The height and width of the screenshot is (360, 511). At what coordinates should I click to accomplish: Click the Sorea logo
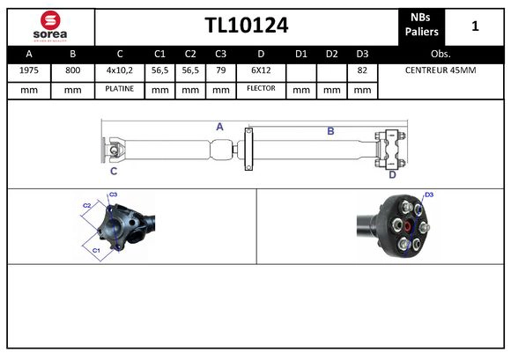coord(49,25)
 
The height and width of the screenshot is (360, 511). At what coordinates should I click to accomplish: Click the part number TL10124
coord(246,26)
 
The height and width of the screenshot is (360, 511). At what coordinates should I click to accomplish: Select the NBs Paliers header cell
coord(422,26)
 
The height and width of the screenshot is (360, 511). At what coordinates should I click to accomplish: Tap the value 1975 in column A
coord(28,70)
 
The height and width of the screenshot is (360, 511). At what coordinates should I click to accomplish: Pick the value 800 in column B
coord(72,70)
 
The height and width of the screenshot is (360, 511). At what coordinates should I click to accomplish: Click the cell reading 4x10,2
coord(119,70)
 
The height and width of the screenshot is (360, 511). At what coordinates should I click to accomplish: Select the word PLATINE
coord(119,89)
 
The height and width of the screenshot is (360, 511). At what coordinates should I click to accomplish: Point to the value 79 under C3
coord(220,70)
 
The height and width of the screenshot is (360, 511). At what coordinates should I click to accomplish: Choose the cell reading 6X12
coord(261,70)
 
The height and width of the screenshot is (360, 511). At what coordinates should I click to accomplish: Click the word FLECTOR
coord(261,89)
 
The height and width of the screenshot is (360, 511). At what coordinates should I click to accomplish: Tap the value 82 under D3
coord(361,70)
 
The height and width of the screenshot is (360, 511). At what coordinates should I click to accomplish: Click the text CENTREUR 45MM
coord(441,70)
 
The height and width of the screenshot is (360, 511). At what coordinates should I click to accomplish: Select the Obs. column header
coord(441,53)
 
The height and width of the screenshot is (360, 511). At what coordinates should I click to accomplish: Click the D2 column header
coord(331,53)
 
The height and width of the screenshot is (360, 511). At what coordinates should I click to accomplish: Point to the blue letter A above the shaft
coord(219,127)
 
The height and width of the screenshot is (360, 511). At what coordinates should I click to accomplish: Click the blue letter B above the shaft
coord(330,131)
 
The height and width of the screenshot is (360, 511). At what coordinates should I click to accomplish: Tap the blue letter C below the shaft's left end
coord(114,171)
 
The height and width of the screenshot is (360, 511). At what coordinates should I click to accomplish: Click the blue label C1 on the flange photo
coord(96,251)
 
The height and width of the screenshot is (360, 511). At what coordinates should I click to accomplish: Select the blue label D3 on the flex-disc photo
coord(429,195)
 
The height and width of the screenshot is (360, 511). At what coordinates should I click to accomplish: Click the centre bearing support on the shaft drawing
coord(248,148)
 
